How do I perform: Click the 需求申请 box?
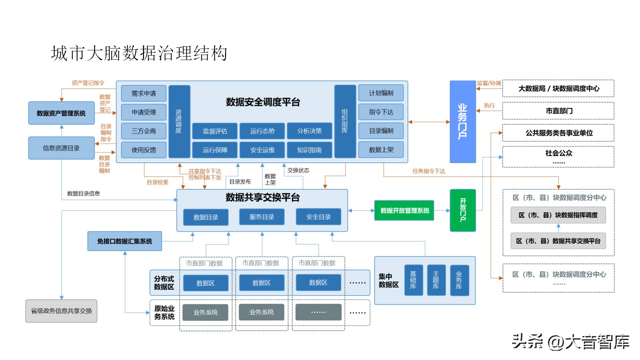(143, 93)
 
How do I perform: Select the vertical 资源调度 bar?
(179, 121)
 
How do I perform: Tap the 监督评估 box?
(215, 131)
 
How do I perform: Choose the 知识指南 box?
(309, 150)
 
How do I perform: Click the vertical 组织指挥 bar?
(345, 121)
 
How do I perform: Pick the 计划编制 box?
(381, 93)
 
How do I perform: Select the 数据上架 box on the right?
(381, 150)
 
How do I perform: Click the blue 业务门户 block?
(463, 121)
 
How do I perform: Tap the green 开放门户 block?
(463, 210)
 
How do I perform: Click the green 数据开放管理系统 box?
(404, 210)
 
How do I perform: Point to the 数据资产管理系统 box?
(61, 113)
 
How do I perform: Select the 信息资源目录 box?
(61, 148)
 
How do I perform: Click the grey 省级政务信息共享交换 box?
(61, 311)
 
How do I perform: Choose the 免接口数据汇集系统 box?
(125, 241)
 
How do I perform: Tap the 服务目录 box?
(262, 217)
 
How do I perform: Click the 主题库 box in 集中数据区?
(436, 280)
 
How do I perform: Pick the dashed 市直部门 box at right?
(558, 111)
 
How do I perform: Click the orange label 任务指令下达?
(429, 171)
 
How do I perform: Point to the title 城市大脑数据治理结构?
(139, 53)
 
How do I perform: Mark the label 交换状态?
(298, 170)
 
